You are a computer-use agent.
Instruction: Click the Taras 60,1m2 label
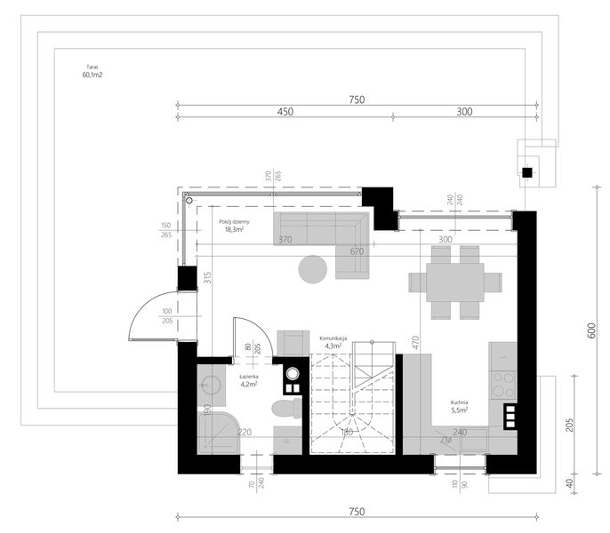point(91,71)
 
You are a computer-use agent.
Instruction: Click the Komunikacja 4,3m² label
point(338,343)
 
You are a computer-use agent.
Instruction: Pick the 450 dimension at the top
point(285,111)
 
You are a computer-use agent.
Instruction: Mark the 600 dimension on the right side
point(590,330)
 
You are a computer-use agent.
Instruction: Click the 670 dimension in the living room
point(357,252)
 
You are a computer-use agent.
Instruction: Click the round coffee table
point(312,269)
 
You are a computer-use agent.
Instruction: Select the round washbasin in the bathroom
point(212,385)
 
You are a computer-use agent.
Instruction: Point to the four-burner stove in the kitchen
point(502,383)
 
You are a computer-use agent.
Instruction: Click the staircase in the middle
point(352,400)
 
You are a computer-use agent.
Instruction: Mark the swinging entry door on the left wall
point(153,315)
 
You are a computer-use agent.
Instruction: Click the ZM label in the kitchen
point(445,440)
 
